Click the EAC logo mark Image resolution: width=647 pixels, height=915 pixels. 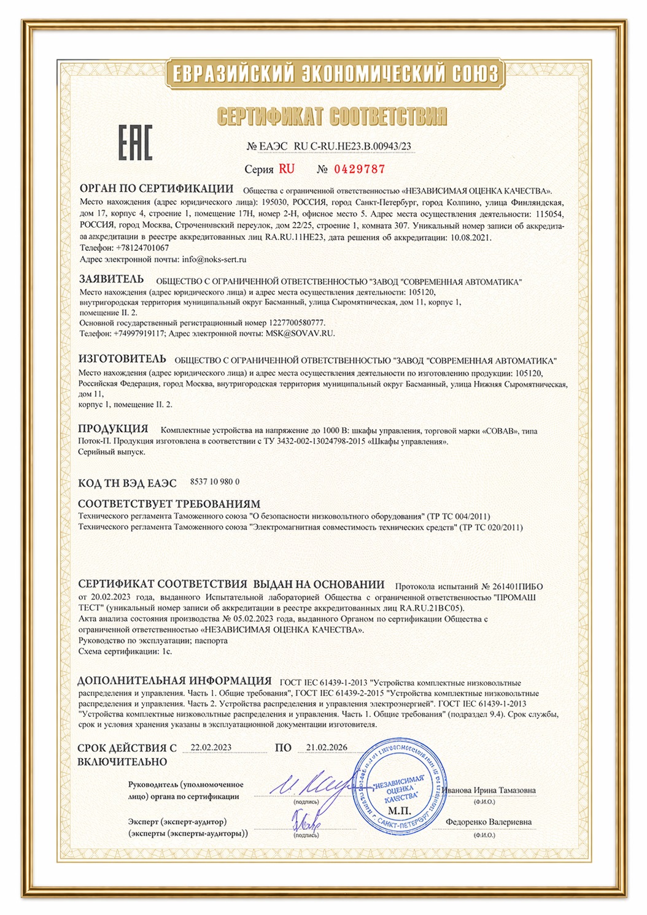(x=135, y=143)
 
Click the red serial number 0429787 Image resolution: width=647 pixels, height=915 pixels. (x=359, y=169)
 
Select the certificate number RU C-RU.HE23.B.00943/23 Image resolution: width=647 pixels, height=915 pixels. (x=353, y=147)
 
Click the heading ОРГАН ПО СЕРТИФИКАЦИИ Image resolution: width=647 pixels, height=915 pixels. (x=157, y=188)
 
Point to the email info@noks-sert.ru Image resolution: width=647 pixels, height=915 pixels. (x=214, y=259)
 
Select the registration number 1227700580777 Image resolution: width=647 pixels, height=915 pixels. (x=296, y=323)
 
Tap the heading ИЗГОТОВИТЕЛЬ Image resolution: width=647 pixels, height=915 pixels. (x=122, y=358)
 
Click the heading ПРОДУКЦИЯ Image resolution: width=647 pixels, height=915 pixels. (x=113, y=429)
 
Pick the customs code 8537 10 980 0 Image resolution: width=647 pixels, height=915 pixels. (x=215, y=482)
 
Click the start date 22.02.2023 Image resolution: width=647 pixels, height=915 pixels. (x=211, y=748)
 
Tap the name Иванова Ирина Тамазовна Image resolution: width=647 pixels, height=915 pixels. (x=489, y=791)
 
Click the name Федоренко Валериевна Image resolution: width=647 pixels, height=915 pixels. (x=489, y=822)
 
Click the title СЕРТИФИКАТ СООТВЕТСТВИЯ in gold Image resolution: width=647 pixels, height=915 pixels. (x=331, y=116)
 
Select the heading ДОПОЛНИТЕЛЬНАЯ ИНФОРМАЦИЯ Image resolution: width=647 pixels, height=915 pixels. (x=174, y=681)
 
